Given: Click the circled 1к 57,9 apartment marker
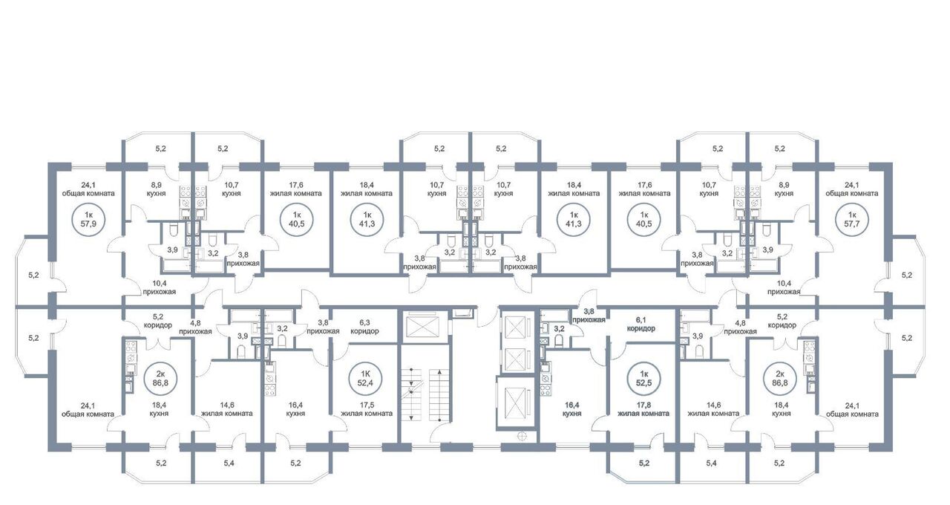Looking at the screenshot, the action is tap(88, 219).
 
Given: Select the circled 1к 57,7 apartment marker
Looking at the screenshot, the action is tap(851, 219).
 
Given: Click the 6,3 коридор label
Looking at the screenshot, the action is tap(364, 327).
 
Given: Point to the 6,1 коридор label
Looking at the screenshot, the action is tap(641, 324).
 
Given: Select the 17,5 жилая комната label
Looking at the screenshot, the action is tap(367, 409).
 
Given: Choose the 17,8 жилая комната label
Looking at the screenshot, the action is tap(643, 409).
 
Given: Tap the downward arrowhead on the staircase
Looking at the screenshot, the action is tap(411, 417).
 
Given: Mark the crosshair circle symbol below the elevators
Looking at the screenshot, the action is tap(522, 435).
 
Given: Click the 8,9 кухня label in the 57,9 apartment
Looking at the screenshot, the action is tap(157, 189).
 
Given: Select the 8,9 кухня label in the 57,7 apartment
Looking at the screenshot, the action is tap(784, 189).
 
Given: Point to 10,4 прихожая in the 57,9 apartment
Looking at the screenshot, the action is tap(159, 287).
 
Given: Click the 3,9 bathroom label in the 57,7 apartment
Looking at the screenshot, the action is tap(767, 250).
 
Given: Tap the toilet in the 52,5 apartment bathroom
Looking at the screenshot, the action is tap(559, 340).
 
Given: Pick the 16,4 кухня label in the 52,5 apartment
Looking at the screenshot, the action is tap(571, 409).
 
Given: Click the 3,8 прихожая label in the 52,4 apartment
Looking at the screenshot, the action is tap(323, 327).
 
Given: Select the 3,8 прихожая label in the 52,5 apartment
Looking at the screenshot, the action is tap(589, 316).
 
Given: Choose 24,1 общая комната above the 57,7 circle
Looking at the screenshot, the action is tap(851, 189).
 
